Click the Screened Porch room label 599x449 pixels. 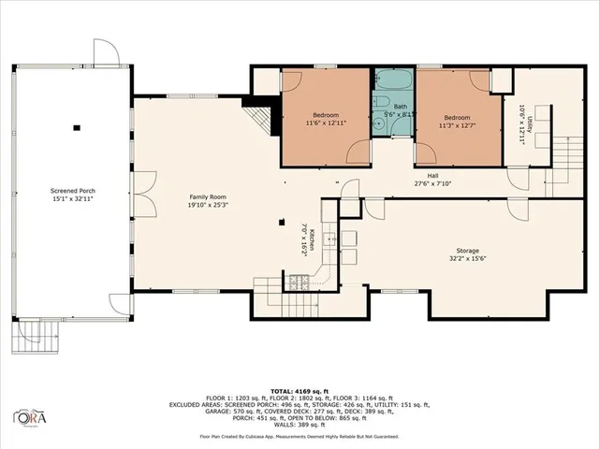tap(72, 190)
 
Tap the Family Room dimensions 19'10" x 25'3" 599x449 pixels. tap(210, 205)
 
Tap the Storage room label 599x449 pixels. tap(468, 251)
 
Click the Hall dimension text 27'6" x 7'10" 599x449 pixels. tap(432, 183)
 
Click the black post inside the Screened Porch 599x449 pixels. tap(77, 126)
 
